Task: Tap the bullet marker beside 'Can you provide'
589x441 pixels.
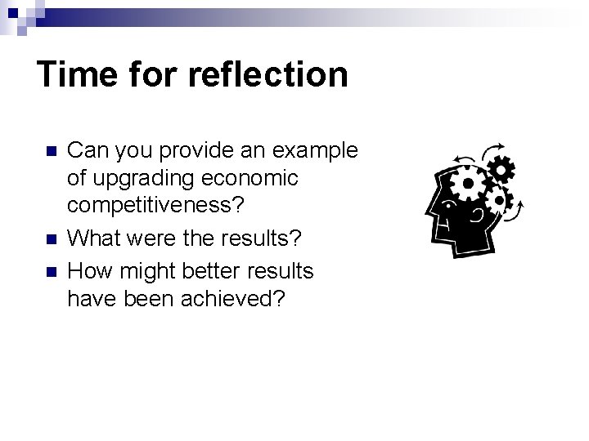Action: (x=52, y=152)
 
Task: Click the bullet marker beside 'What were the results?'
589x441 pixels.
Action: (x=52, y=240)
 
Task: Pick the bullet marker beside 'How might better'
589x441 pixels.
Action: (x=52, y=270)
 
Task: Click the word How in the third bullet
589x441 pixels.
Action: (x=88, y=269)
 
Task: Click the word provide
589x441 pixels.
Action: (x=191, y=151)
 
